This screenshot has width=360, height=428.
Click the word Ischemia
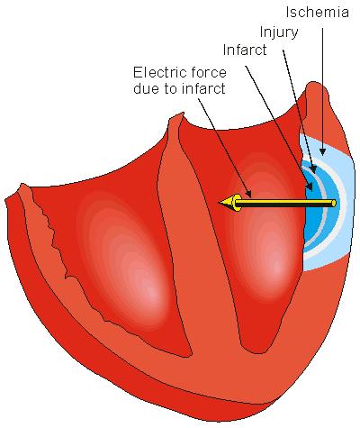pos(317,13)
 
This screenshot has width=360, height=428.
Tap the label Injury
pos(279,32)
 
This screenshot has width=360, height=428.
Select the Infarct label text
pos(245,50)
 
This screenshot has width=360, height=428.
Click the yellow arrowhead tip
pos(220,202)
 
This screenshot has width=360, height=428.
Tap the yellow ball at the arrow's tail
pos(333,204)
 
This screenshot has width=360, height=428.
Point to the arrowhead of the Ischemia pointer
pos(322,151)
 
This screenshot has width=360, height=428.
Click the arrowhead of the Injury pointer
pos(313,170)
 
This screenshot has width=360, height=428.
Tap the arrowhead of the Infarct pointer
pos(310,187)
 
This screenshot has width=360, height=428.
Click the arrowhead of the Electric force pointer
pos(248,193)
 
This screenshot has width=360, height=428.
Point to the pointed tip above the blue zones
pos(314,83)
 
